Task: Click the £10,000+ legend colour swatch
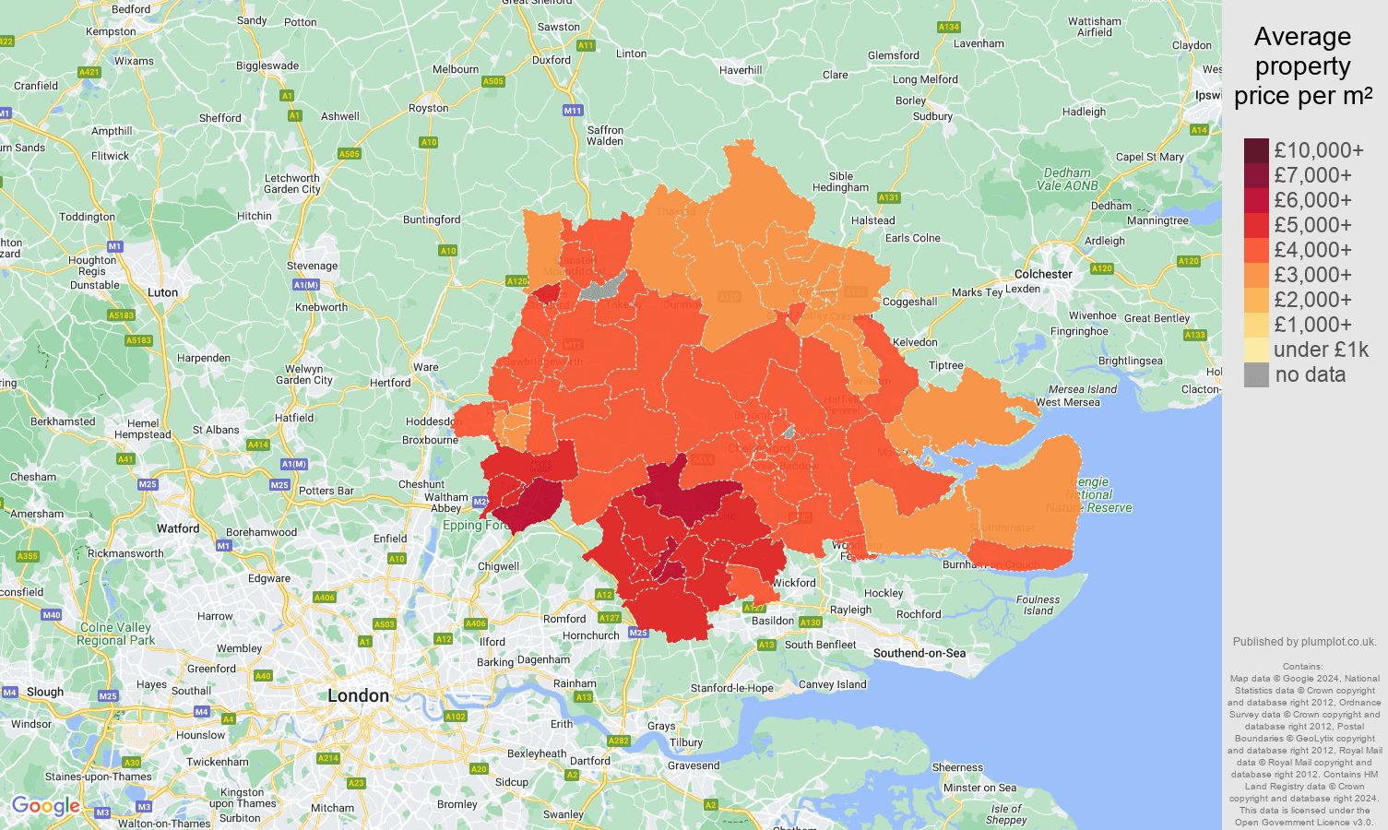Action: point(1256,150)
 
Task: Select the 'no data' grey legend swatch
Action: point(1256,374)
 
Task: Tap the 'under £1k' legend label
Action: point(1321,350)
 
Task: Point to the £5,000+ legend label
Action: point(1312,225)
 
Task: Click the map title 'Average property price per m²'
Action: point(1302,66)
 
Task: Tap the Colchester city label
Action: point(1043,274)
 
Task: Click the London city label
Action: point(358,695)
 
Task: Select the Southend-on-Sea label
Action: point(919,653)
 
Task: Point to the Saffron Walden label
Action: point(605,136)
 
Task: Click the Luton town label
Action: point(162,292)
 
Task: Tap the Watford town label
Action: point(178,528)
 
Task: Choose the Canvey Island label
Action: point(832,684)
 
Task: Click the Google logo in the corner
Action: point(45,806)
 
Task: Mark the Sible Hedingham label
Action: point(840,182)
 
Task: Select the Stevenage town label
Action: point(312,266)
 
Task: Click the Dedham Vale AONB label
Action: point(1067,179)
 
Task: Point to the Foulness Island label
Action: point(1038,605)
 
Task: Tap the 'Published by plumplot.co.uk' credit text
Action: point(1304,642)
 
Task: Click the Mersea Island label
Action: point(1082,389)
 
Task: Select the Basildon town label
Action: point(773,621)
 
